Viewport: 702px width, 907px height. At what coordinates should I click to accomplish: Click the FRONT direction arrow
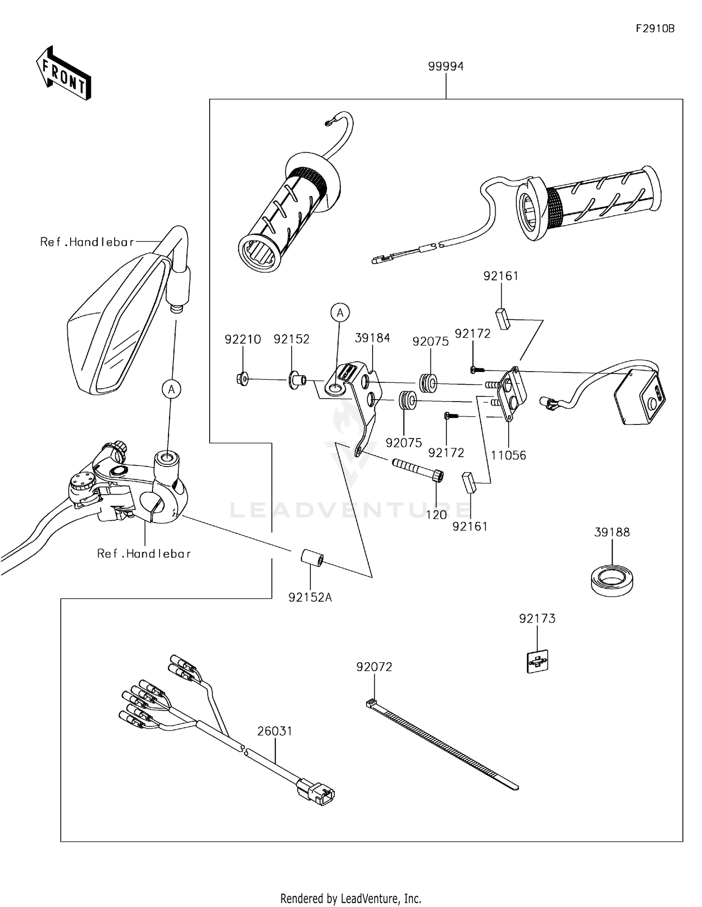coord(64,73)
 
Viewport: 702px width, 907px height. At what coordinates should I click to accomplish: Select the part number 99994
coord(446,66)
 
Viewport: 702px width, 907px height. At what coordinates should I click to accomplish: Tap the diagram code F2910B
coord(655,29)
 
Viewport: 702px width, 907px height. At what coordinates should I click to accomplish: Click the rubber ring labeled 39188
coord(612,581)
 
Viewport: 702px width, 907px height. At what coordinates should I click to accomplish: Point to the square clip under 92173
coord(537,661)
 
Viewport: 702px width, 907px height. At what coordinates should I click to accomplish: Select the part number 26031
coord(275,731)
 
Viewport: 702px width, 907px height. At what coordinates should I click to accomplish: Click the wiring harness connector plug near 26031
coord(316,792)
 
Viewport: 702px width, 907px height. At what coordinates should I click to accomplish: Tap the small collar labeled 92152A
coord(312,559)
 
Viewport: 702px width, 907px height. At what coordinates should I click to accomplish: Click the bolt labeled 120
coord(417,470)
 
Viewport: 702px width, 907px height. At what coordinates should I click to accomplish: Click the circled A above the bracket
coord(340,312)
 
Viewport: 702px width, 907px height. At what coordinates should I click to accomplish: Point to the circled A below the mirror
coord(172,389)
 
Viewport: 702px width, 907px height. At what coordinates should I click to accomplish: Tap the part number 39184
coord(372,338)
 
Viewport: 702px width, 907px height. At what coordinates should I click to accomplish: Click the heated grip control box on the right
coord(640,396)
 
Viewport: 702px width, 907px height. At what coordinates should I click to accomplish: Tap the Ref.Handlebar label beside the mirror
coord(87,242)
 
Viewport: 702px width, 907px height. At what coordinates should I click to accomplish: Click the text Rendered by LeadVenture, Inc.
coord(351,898)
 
